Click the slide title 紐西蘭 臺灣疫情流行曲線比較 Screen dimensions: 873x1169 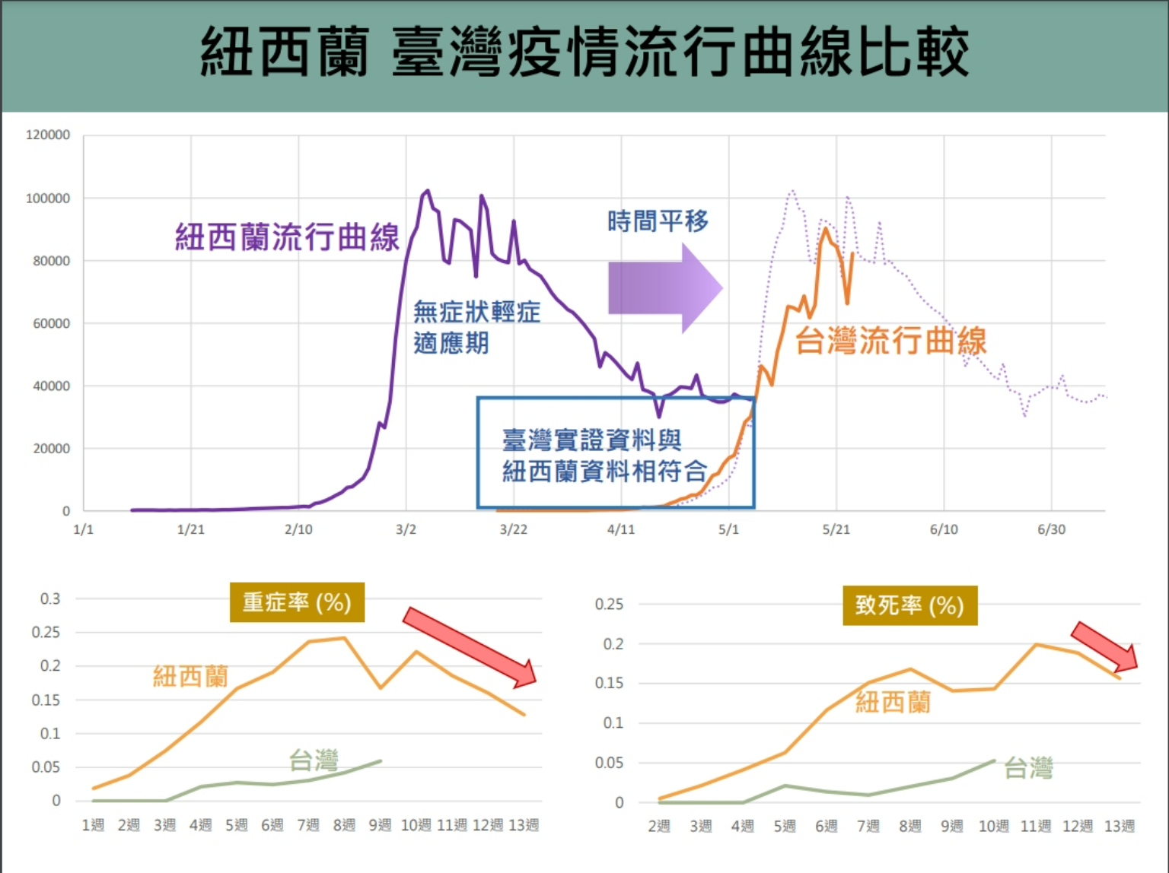coord(584,52)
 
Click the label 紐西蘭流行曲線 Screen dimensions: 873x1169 coord(287,237)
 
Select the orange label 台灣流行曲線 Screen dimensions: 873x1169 coord(890,341)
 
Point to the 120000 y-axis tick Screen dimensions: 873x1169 coord(48,135)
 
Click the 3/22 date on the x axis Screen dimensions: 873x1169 coord(513,529)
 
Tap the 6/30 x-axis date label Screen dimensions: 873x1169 coord(1051,529)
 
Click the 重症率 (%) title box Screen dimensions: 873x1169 coord(297,603)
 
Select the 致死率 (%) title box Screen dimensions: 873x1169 coord(909,605)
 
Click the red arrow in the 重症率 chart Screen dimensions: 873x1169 coord(470,646)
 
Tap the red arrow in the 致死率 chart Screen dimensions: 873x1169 coord(1104,646)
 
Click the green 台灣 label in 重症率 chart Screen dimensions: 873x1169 coord(314,760)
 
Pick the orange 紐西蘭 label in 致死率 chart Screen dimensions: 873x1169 coord(893,702)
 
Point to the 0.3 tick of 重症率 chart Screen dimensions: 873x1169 coord(50,599)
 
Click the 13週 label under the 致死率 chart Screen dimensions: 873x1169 coord(1119,826)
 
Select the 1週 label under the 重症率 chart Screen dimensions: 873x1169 coord(93,825)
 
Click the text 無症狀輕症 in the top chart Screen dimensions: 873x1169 coord(476,312)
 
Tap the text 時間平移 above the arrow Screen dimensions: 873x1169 coord(658,221)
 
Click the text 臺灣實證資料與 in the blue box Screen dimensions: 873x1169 coord(591,440)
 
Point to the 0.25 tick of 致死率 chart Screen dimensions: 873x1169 coord(609,605)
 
